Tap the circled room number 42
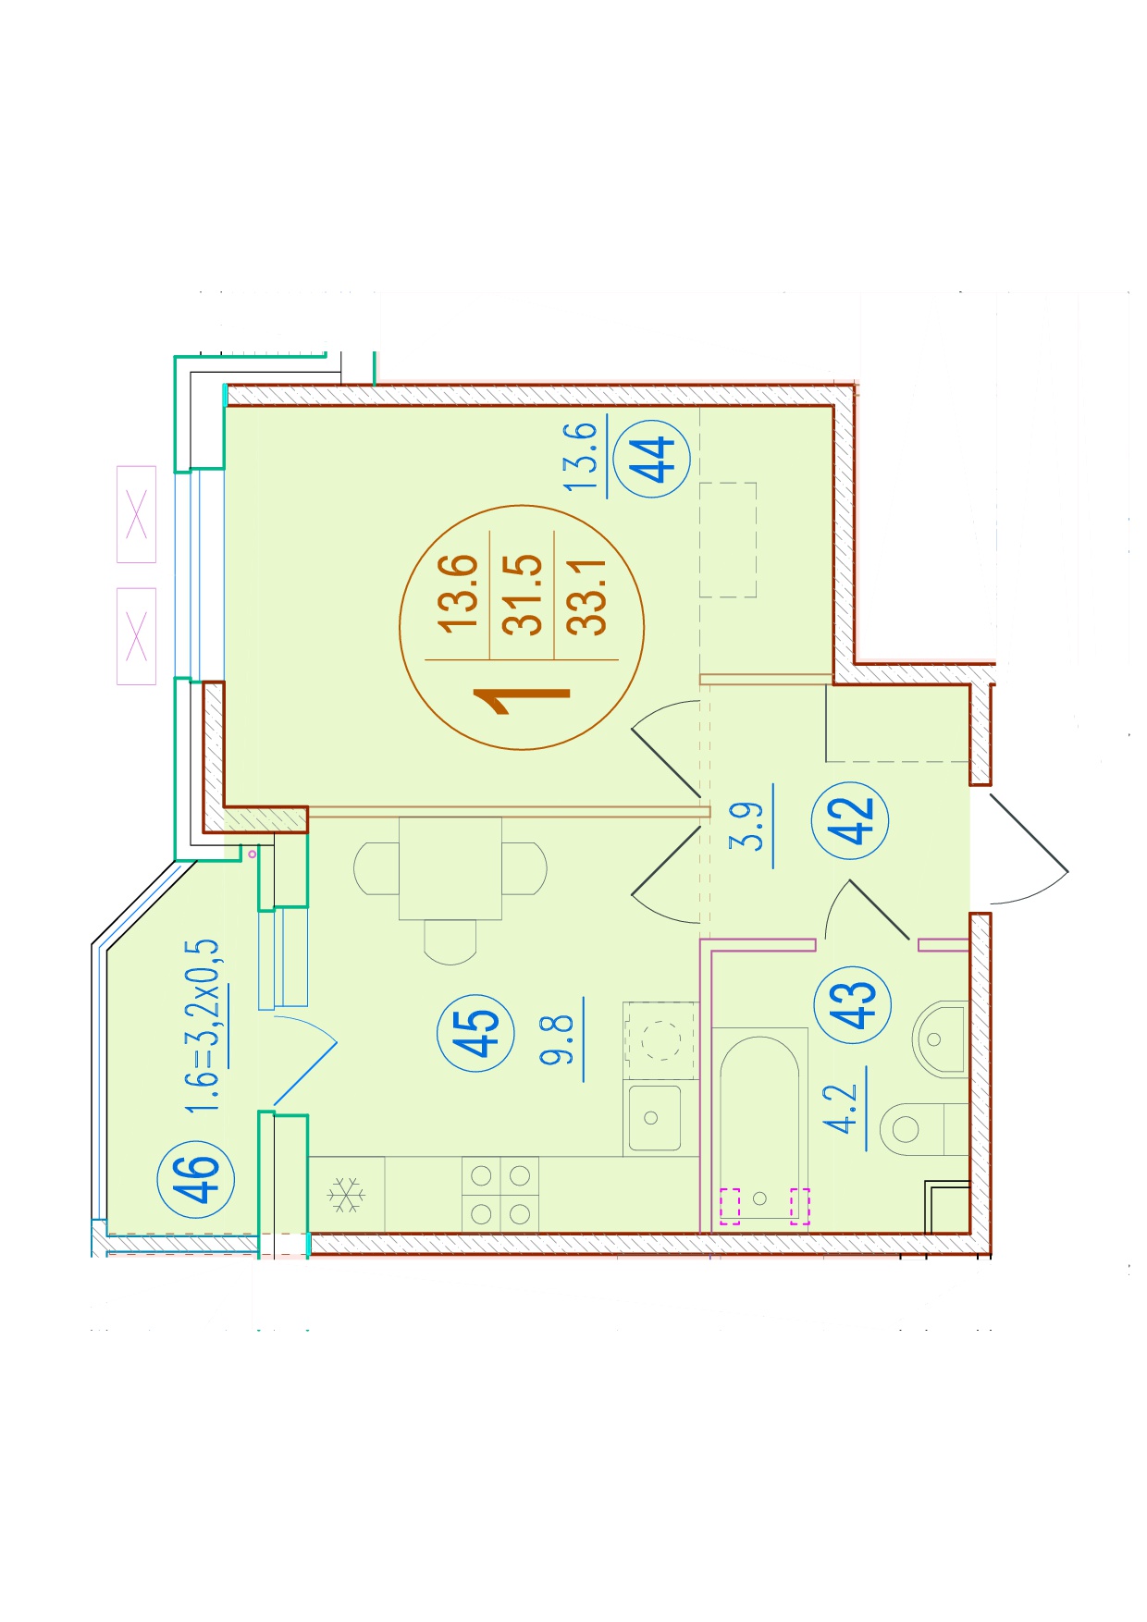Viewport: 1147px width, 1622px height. [x=850, y=819]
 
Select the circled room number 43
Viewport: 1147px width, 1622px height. [x=852, y=1004]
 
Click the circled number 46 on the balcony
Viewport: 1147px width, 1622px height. [x=196, y=1178]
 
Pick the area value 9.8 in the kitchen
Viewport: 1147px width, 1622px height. [x=558, y=1039]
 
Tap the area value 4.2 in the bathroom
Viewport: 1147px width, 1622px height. [x=843, y=1109]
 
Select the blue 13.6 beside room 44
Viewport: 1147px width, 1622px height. [x=582, y=457]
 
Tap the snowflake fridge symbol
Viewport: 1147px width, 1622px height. [x=346, y=1195]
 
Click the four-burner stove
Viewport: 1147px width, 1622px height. [x=500, y=1195]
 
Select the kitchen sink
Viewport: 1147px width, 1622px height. [x=655, y=1118]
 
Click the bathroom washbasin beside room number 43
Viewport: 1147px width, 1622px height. [x=941, y=1039]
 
